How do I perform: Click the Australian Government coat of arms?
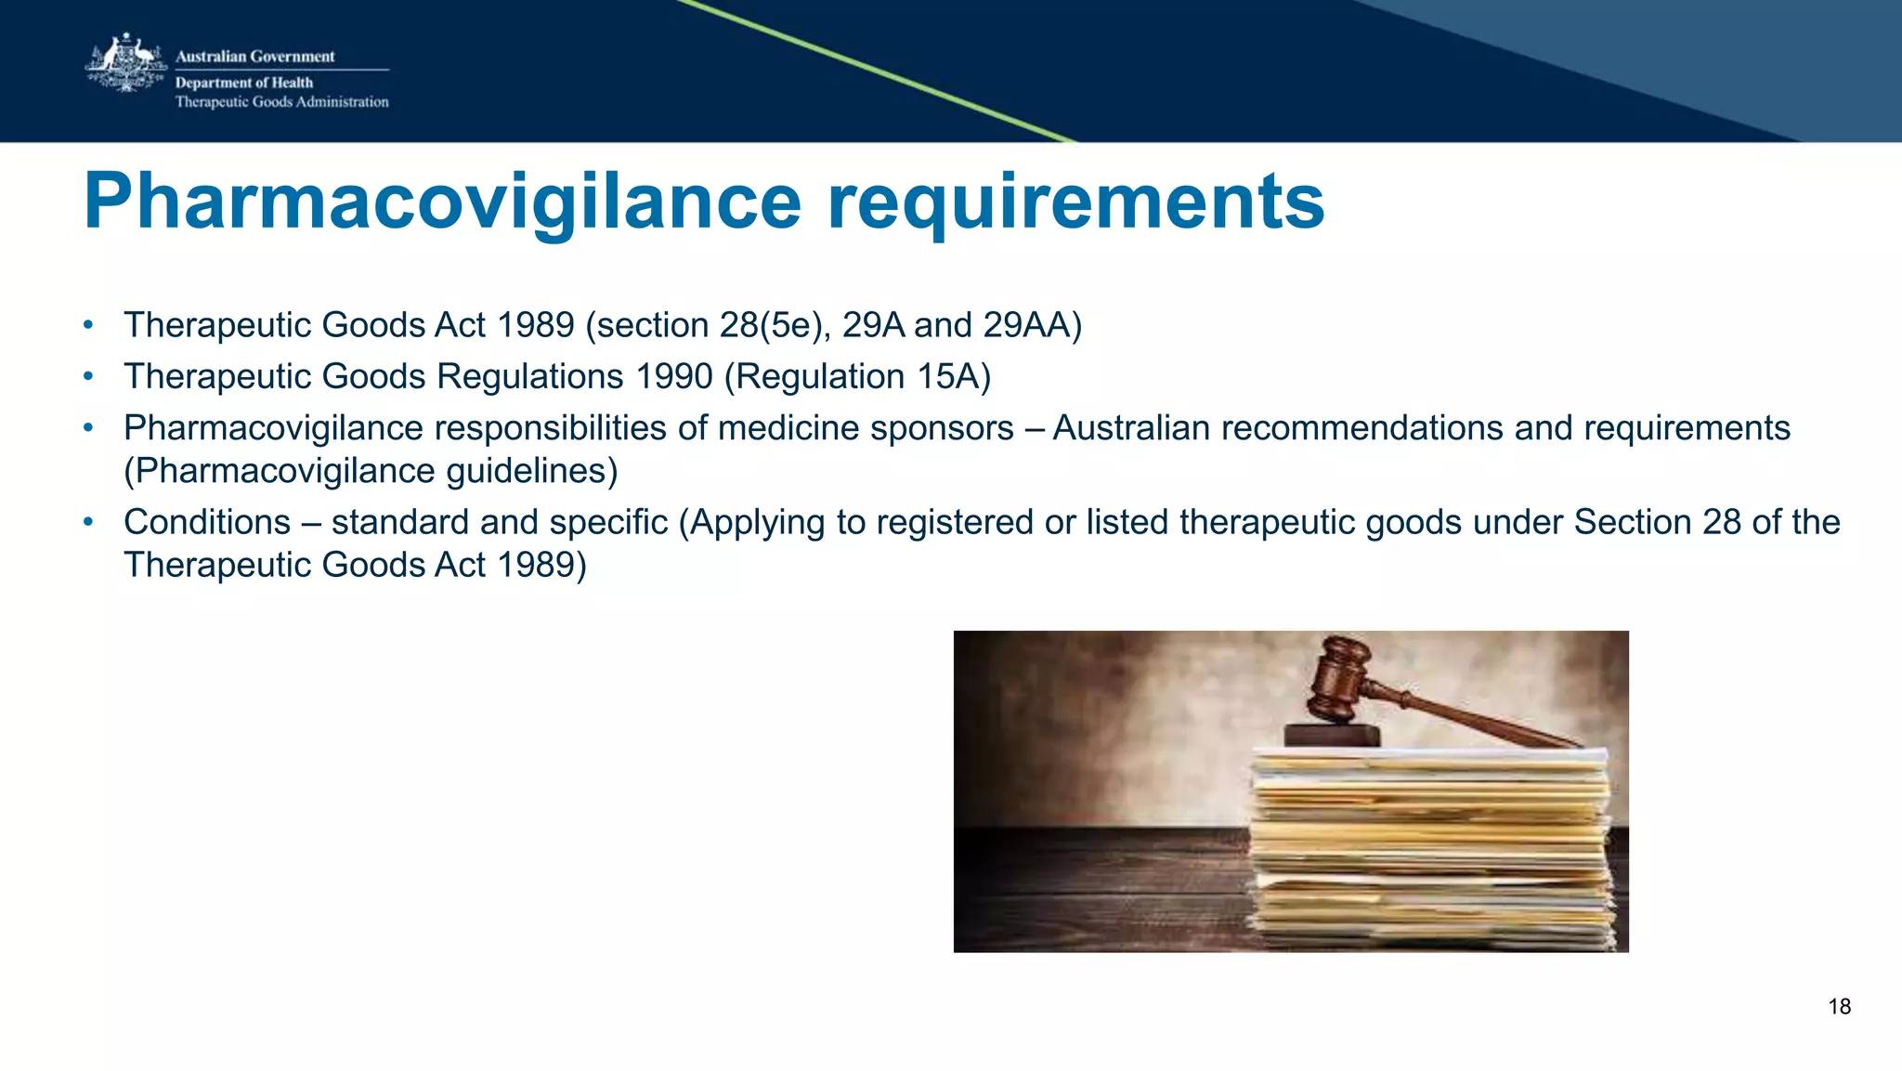pyautogui.click(x=126, y=63)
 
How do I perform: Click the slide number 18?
pyautogui.click(x=1839, y=1007)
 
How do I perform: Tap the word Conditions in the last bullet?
pyautogui.click(x=207, y=522)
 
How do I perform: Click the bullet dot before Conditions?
pyautogui.click(x=88, y=522)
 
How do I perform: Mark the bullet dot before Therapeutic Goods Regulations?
pyautogui.click(x=88, y=376)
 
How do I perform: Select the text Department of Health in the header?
pyautogui.click(x=244, y=83)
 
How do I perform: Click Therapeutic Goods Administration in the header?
pyautogui.click(x=281, y=102)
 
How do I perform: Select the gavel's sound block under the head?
pyautogui.click(x=1333, y=735)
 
